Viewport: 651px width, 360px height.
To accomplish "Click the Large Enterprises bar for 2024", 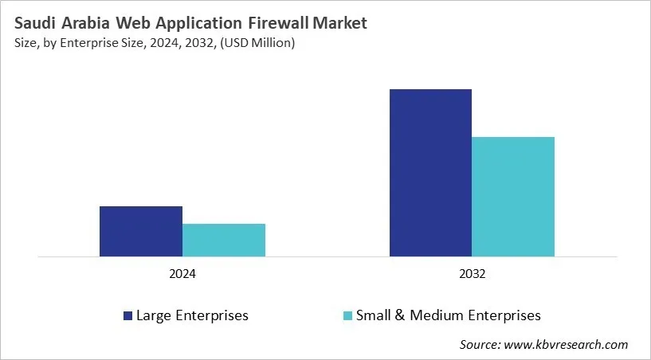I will point(141,231).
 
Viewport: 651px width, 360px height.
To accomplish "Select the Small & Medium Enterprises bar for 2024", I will point(224,240).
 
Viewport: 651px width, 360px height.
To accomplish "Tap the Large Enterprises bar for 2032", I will point(430,173).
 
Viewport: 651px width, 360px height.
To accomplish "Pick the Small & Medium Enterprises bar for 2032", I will point(513,197).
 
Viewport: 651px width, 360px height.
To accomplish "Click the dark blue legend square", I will point(127,316).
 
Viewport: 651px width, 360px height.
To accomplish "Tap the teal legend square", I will point(347,316).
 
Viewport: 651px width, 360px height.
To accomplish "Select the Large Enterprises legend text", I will point(192,315).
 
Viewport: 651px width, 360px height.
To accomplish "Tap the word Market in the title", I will point(340,23).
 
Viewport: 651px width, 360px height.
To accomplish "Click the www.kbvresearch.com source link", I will point(567,344).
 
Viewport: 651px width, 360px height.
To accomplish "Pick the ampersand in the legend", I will point(396,315).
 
